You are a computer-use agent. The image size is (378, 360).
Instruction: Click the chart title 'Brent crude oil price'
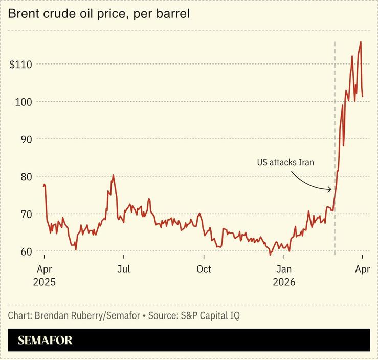[x=98, y=14]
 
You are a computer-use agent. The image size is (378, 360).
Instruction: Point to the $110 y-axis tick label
[x=20, y=65]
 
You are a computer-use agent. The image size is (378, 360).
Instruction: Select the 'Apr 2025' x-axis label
[x=44, y=275]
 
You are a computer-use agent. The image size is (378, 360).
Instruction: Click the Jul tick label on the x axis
[x=123, y=269]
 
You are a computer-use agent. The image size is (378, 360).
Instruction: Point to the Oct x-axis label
[x=204, y=269]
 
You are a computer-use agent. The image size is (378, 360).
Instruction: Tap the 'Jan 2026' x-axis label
[x=284, y=275]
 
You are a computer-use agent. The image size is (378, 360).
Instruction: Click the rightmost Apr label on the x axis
[x=362, y=269]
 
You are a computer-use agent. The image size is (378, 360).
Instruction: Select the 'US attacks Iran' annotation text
[x=285, y=163]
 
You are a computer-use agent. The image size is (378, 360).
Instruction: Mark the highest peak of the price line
[x=361, y=42]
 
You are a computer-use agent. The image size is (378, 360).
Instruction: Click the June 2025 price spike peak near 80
[x=113, y=175]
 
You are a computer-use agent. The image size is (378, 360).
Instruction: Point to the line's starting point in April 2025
[x=44, y=186]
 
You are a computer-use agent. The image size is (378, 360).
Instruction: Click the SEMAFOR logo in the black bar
[x=45, y=340]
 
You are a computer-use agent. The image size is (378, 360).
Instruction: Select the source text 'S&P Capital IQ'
[x=210, y=315]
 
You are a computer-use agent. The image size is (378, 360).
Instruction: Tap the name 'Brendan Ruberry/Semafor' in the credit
[x=87, y=315]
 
